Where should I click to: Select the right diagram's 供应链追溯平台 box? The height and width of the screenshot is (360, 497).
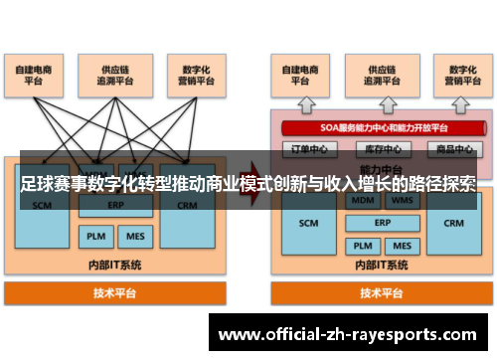point(367,76)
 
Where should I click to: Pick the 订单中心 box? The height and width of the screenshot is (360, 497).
point(304,149)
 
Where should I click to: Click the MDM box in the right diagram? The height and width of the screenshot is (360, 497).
point(362,200)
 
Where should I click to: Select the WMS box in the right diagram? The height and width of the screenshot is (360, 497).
point(403,200)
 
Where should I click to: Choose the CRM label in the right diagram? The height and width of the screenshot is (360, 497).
point(453,225)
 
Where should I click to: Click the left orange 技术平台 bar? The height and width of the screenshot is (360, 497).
point(115,293)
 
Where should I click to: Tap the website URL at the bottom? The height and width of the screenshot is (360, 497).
point(347,335)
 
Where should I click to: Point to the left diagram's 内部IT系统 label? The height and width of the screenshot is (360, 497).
point(115,266)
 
